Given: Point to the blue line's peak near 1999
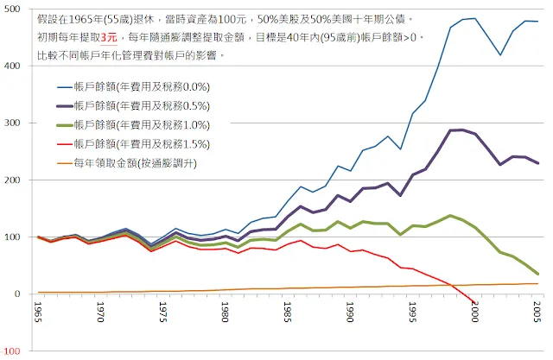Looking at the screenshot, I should click(474, 18).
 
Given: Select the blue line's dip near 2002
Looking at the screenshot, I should click(499, 55).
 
